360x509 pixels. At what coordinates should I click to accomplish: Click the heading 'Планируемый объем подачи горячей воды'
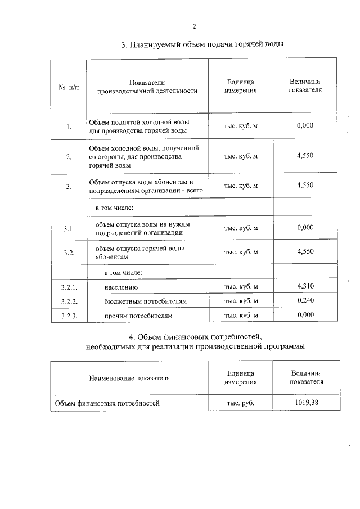(202, 44)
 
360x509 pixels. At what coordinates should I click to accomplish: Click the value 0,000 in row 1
(305, 125)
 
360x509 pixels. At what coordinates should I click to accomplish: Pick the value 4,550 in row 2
(305, 156)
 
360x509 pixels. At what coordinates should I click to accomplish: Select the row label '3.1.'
(69, 228)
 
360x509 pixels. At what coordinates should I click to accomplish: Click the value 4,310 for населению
(305, 286)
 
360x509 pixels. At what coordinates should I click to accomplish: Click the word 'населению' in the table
(121, 287)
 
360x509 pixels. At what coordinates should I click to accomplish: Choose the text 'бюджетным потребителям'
(145, 302)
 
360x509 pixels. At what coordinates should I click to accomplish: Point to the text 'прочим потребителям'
(138, 316)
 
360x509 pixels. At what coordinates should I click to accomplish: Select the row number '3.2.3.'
(69, 316)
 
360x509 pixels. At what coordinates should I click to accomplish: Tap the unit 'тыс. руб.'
(240, 403)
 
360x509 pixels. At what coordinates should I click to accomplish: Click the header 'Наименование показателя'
(129, 378)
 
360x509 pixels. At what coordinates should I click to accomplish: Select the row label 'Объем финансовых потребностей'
(107, 403)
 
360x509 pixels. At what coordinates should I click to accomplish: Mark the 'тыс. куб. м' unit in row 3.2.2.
(241, 301)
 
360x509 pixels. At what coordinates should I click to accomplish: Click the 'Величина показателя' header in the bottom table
(307, 377)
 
